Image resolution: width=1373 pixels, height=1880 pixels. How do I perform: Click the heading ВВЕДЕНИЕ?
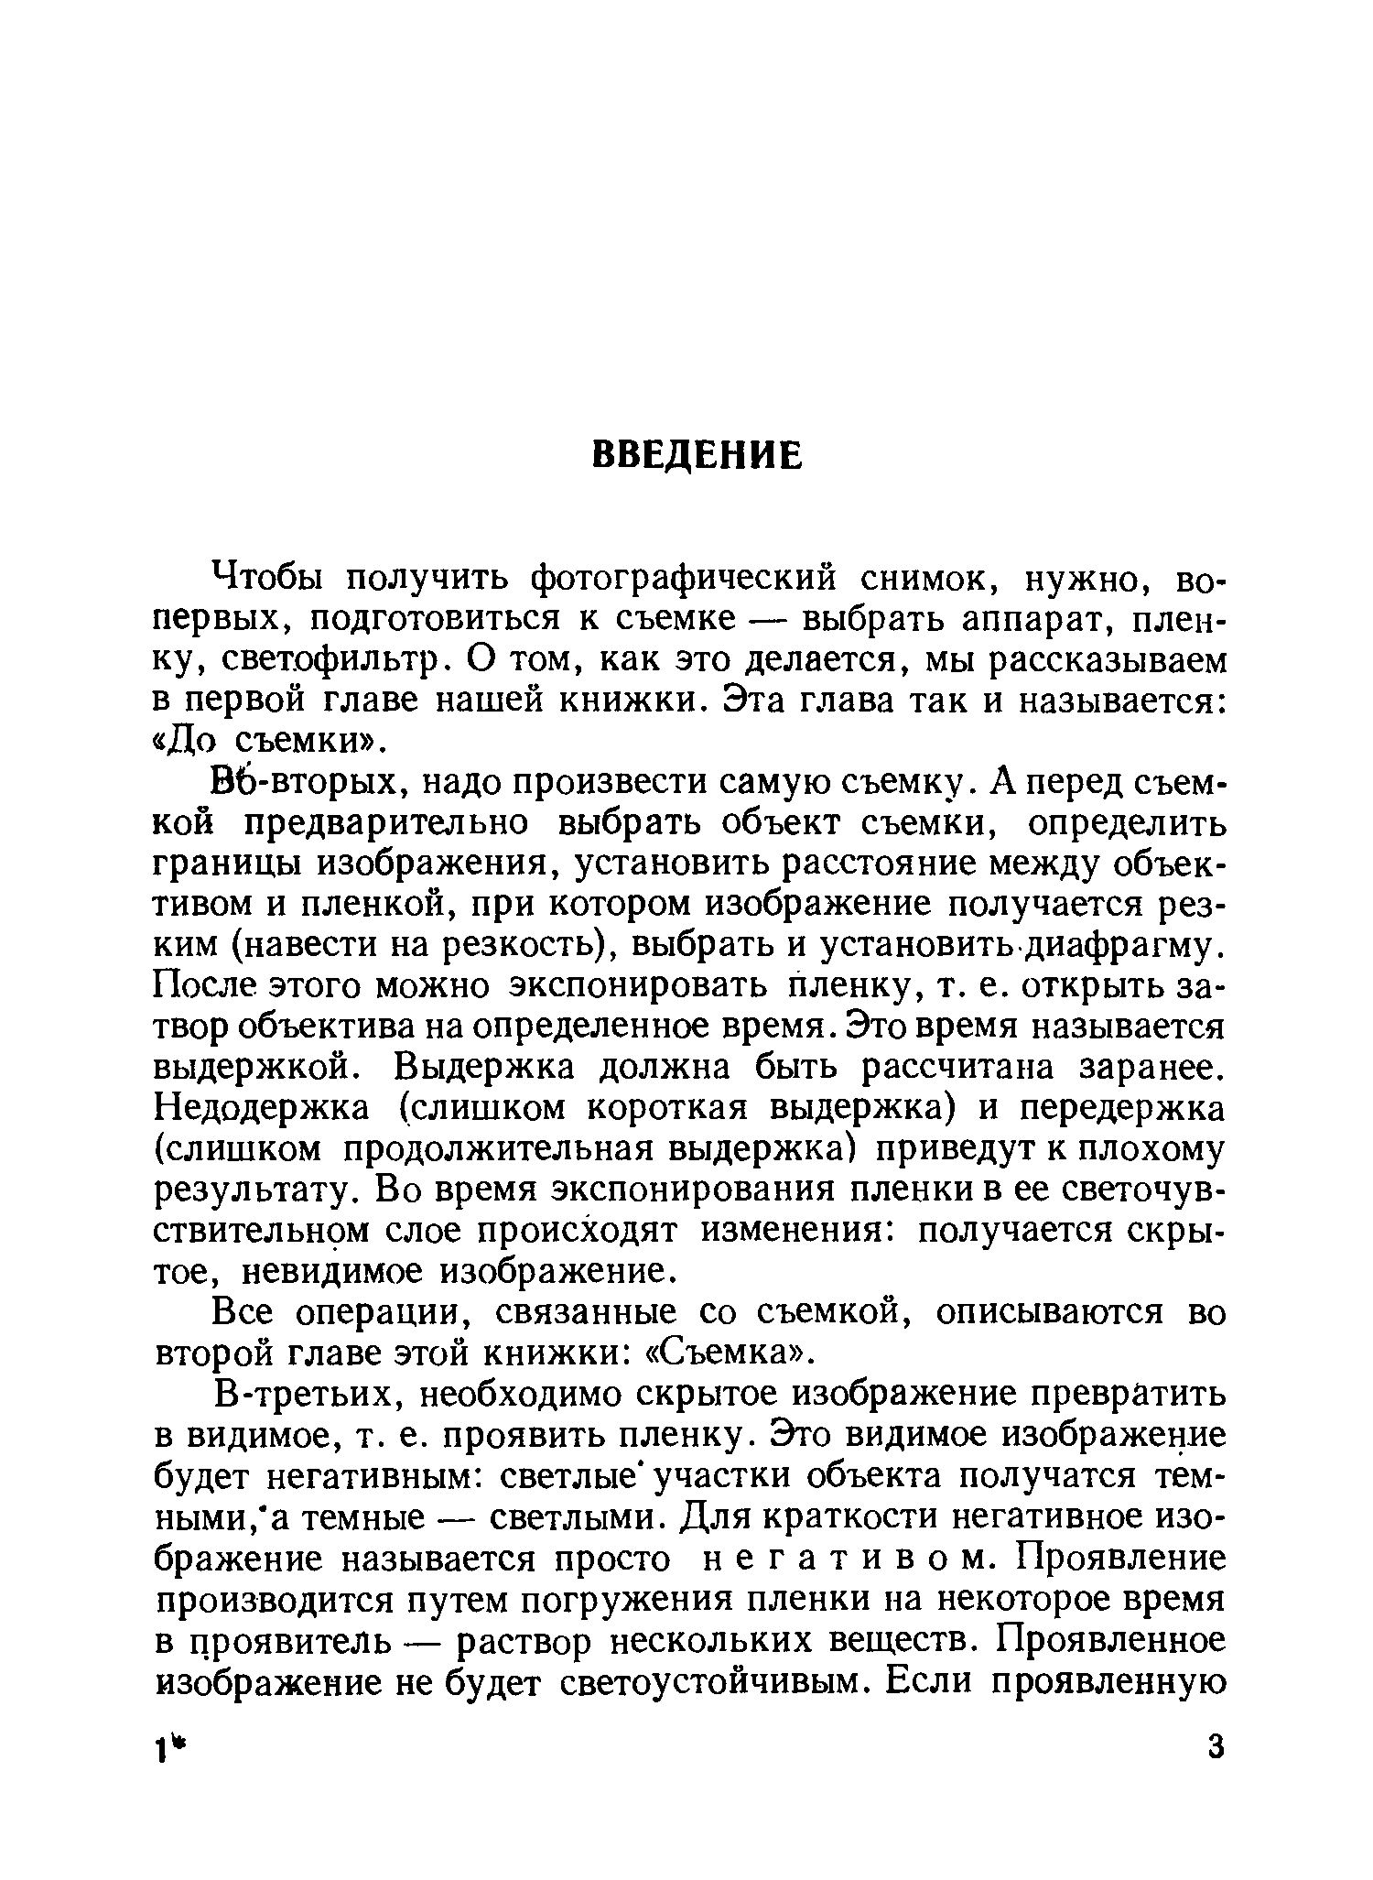pyautogui.click(x=697, y=454)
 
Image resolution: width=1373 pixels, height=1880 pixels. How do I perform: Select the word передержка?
pyautogui.click(x=1121, y=1108)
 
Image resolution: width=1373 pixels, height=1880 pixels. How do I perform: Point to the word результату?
pyautogui.click(x=258, y=1190)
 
